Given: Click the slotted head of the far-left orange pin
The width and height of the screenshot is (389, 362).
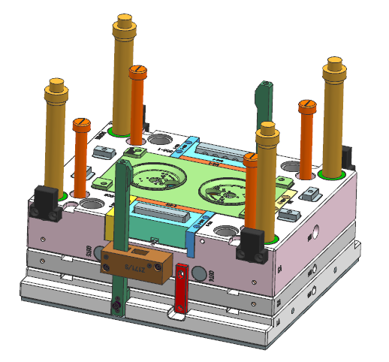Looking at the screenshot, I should click(x=80, y=122).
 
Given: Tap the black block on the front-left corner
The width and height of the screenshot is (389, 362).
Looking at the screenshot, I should click(x=45, y=203).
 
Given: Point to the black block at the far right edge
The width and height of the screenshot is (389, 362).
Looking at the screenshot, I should click(x=347, y=156).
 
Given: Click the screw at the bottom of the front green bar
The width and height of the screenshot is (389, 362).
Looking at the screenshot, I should click(x=116, y=306).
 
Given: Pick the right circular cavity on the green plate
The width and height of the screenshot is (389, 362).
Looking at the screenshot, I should click(x=229, y=189).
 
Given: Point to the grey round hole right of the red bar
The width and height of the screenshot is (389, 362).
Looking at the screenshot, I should click(x=200, y=272).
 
